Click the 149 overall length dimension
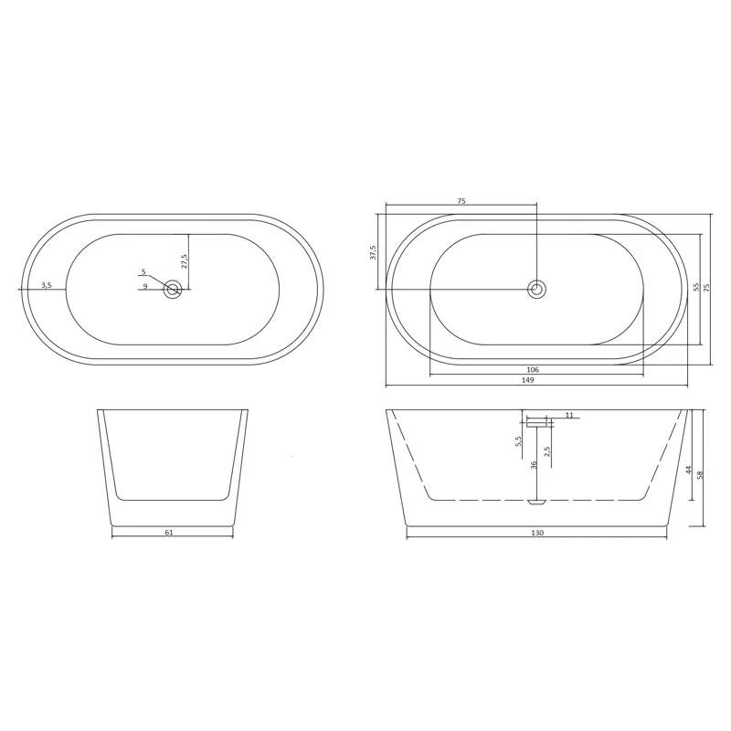pos(527,380)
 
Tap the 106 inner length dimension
pos(533,370)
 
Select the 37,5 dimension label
pos(373,252)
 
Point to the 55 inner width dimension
pos(697,287)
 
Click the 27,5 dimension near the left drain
pos(185,261)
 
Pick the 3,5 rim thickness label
pos(47,285)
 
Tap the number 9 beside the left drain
pos(145,286)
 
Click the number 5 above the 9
pos(143,271)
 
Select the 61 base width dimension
pos(169,532)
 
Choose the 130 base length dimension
pos(537,533)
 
